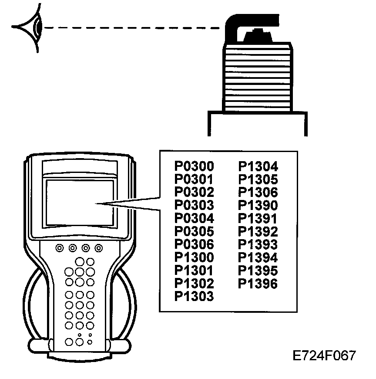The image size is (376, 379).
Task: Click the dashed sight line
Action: pos(131,28)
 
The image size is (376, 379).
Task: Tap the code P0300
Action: pos(194,166)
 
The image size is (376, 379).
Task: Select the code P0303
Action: pos(194,205)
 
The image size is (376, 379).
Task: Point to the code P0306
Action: pos(194,244)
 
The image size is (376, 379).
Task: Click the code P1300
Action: pos(194,257)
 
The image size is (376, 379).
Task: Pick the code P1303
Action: pos(194,297)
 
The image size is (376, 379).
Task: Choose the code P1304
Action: pos(258,166)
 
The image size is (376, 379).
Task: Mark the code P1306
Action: pos(258,192)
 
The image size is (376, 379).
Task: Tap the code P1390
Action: pos(258,205)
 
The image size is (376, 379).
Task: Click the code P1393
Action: pos(258,244)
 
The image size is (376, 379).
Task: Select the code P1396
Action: pos(258,284)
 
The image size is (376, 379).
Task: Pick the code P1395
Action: pos(258,271)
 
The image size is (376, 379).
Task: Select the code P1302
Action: pos(194,284)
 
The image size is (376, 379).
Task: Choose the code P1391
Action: pos(258,218)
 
